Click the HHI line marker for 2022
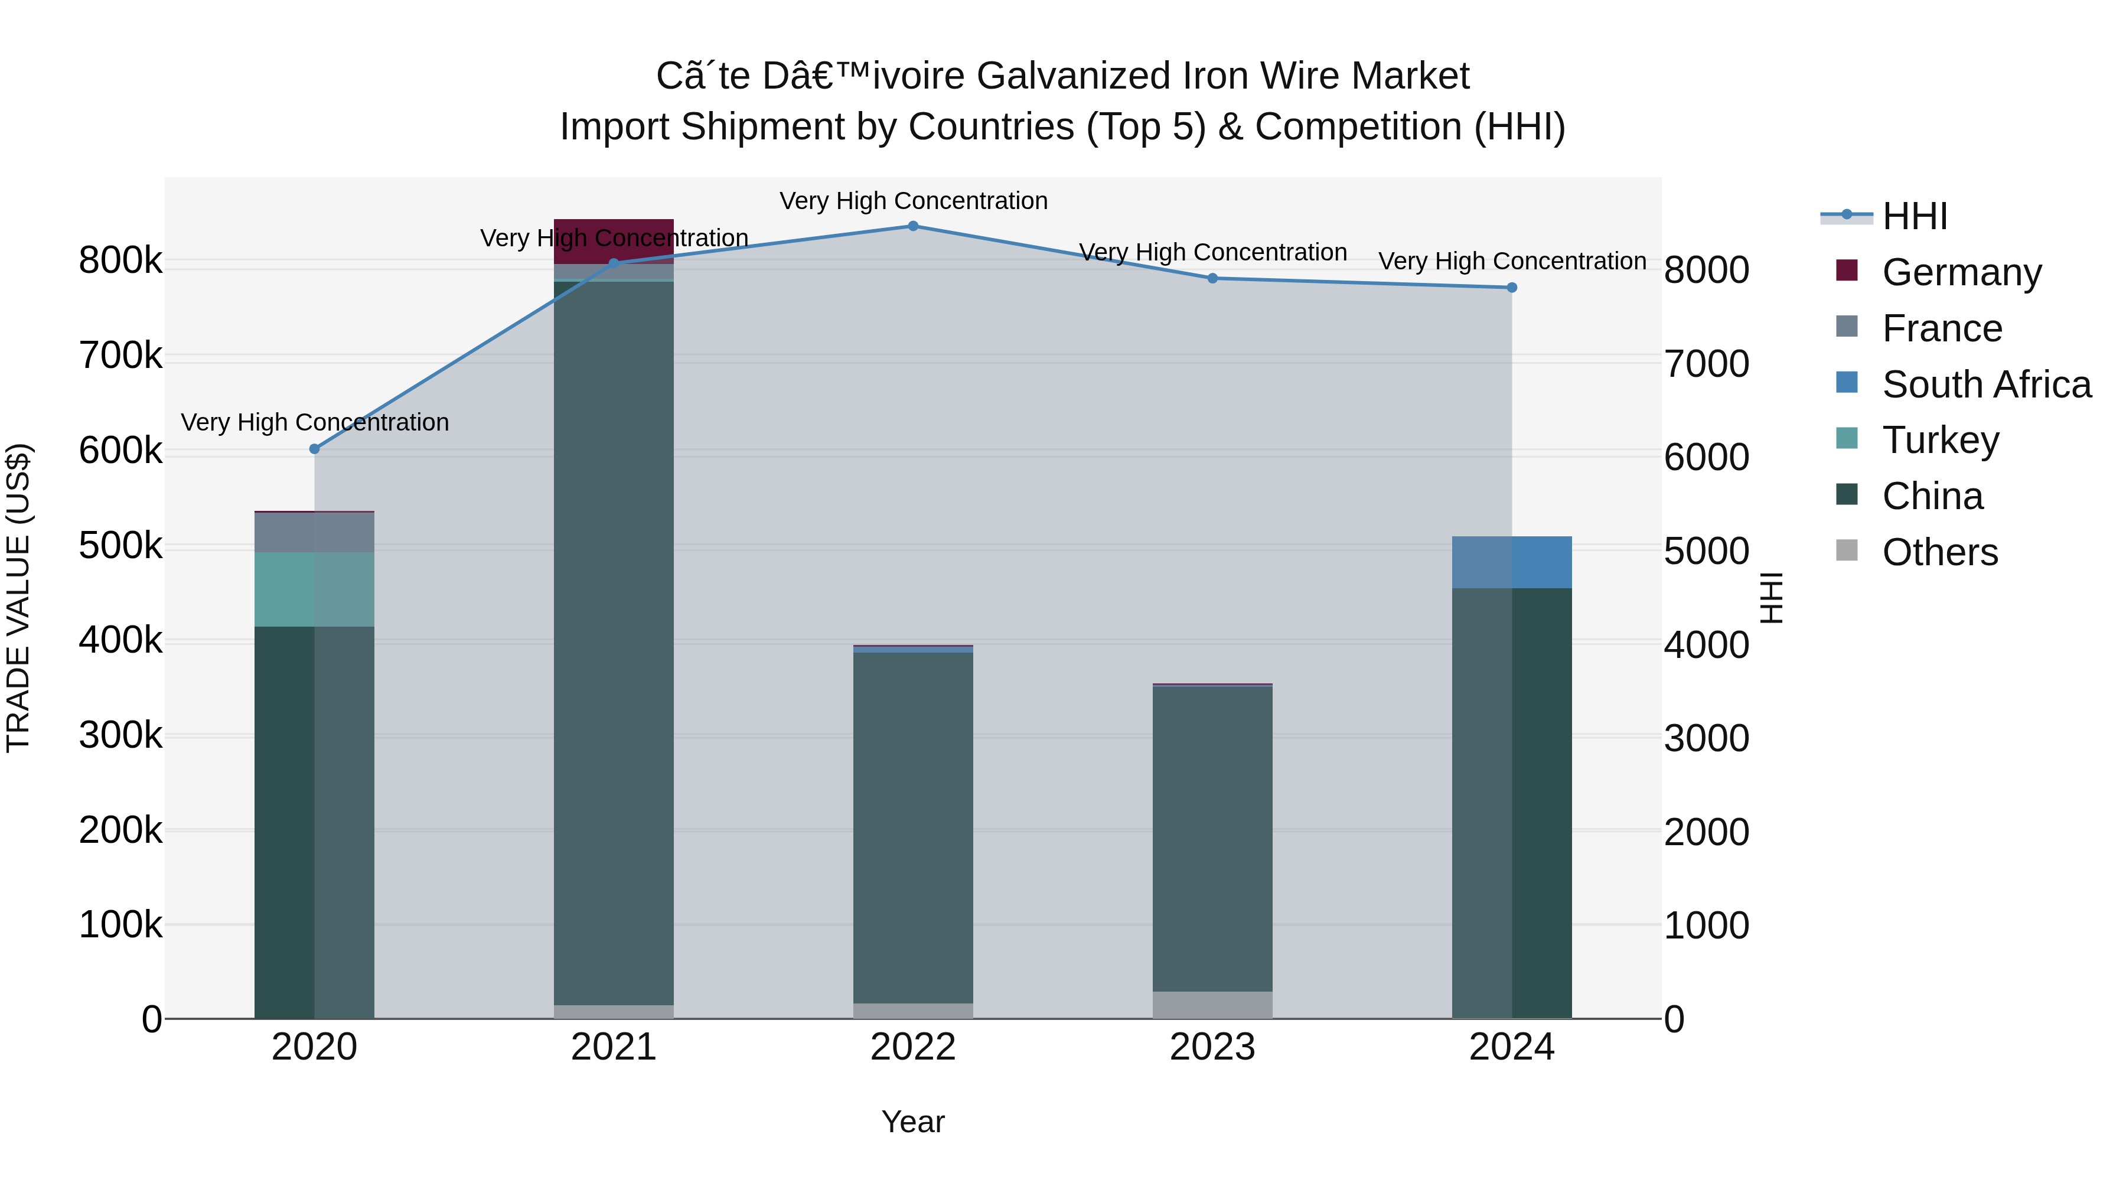pos(913,226)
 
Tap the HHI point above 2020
pos(314,449)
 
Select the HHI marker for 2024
pos(1512,287)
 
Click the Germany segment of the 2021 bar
pos(613,241)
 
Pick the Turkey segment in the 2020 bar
pos(314,589)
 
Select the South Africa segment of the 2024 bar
pos(1512,562)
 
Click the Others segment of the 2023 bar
pos(1212,1005)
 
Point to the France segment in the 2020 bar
pos(314,532)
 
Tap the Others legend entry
pos(1939,552)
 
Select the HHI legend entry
pos(1915,216)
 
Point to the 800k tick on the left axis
pos(120,261)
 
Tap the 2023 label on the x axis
pos(1212,1047)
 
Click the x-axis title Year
pos(913,1122)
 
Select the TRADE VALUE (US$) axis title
pos(18,598)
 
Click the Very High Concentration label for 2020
pos(314,423)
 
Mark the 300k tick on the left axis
pos(120,735)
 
